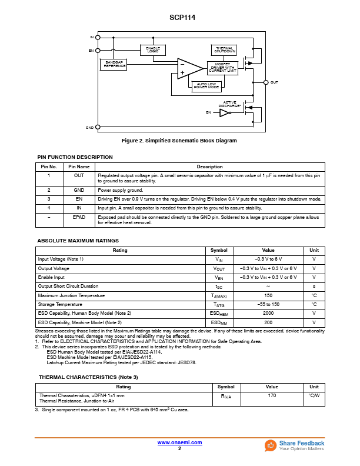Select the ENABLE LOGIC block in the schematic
click(153, 50)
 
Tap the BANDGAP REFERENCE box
click(114, 65)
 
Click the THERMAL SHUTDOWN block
click(224, 50)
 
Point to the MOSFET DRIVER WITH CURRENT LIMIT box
click(222, 68)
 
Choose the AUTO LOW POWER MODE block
click(206, 86)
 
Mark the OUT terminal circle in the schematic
click(266, 82)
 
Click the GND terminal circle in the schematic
click(98, 127)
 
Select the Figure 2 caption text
click(179, 141)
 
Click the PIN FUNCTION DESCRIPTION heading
click(75, 157)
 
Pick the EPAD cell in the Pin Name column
click(79, 218)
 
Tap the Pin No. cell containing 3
click(49, 199)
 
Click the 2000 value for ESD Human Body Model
click(268, 314)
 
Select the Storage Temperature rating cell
click(59, 305)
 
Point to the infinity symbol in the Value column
click(268, 287)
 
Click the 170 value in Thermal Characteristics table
click(271, 395)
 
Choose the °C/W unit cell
click(314, 395)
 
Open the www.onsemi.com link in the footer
click(179, 442)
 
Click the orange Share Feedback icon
click(271, 445)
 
